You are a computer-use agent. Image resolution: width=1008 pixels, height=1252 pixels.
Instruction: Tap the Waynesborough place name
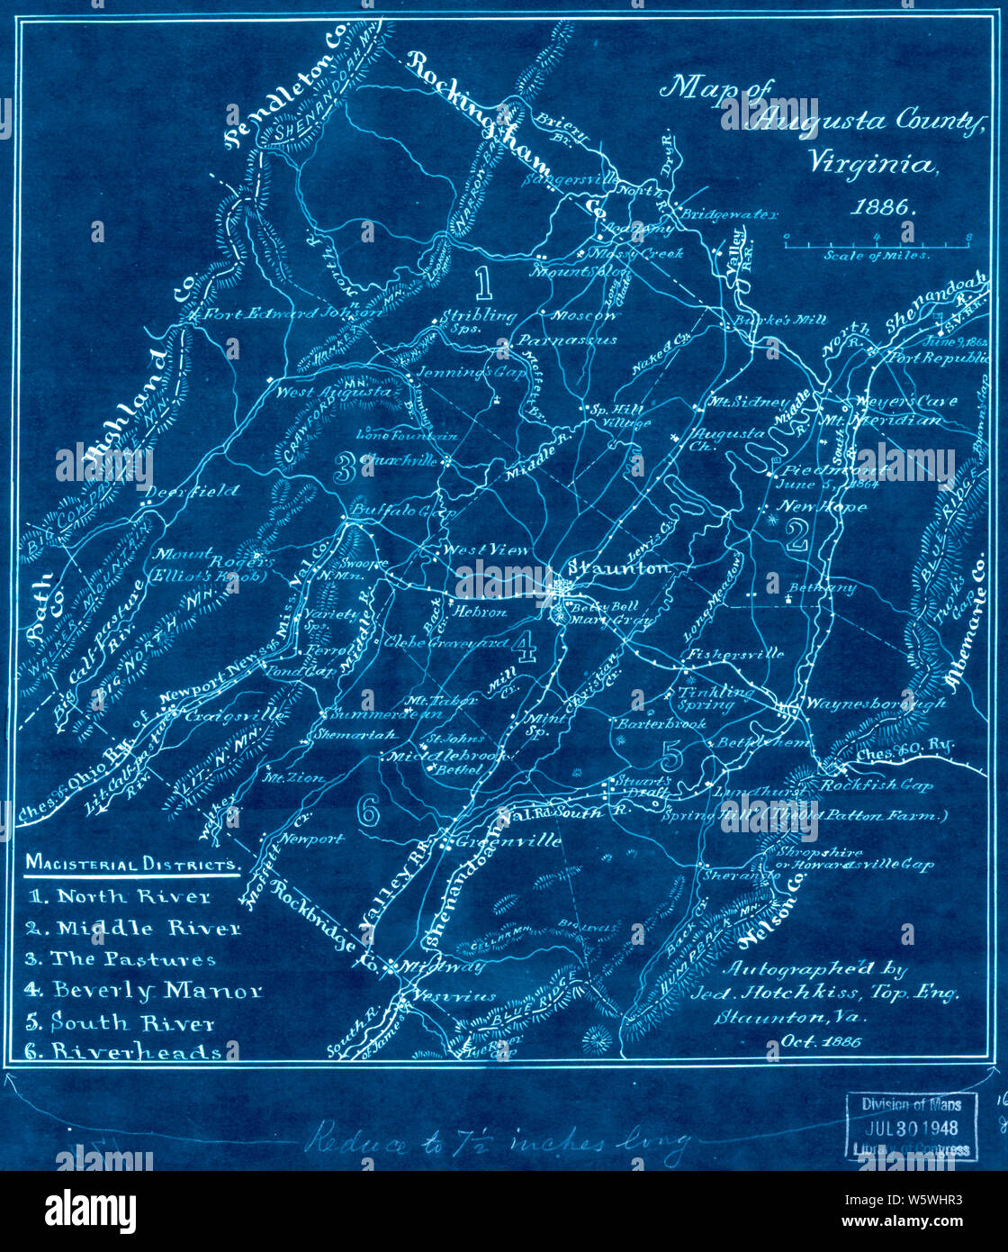pyautogui.click(x=875, y=703)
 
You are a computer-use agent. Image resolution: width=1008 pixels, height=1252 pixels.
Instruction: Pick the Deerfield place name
pyautogui.click(x=192, y=491)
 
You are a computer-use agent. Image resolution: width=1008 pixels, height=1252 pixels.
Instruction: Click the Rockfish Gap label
pyautogui.click(x=876, y=785)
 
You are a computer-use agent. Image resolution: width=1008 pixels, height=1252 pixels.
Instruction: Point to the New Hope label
pyautogui.click(x=822, y=507)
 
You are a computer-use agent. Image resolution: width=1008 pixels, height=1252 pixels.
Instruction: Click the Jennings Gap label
pyautogui.click(x=469, y=371)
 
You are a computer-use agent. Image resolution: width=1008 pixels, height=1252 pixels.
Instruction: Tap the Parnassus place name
pyautogui.click(x=567, y=340)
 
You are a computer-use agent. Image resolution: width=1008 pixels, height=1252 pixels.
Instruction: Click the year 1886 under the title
pyautogui.click(x=882, y=206)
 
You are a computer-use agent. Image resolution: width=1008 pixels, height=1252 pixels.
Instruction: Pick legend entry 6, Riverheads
pyautogui.click(x=126, y=1051)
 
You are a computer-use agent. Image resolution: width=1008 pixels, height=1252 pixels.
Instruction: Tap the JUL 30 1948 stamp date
pyautogui.click(x=911, y=1127)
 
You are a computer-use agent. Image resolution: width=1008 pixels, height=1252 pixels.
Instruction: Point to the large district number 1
pyautogui.click(x=483, y=283)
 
